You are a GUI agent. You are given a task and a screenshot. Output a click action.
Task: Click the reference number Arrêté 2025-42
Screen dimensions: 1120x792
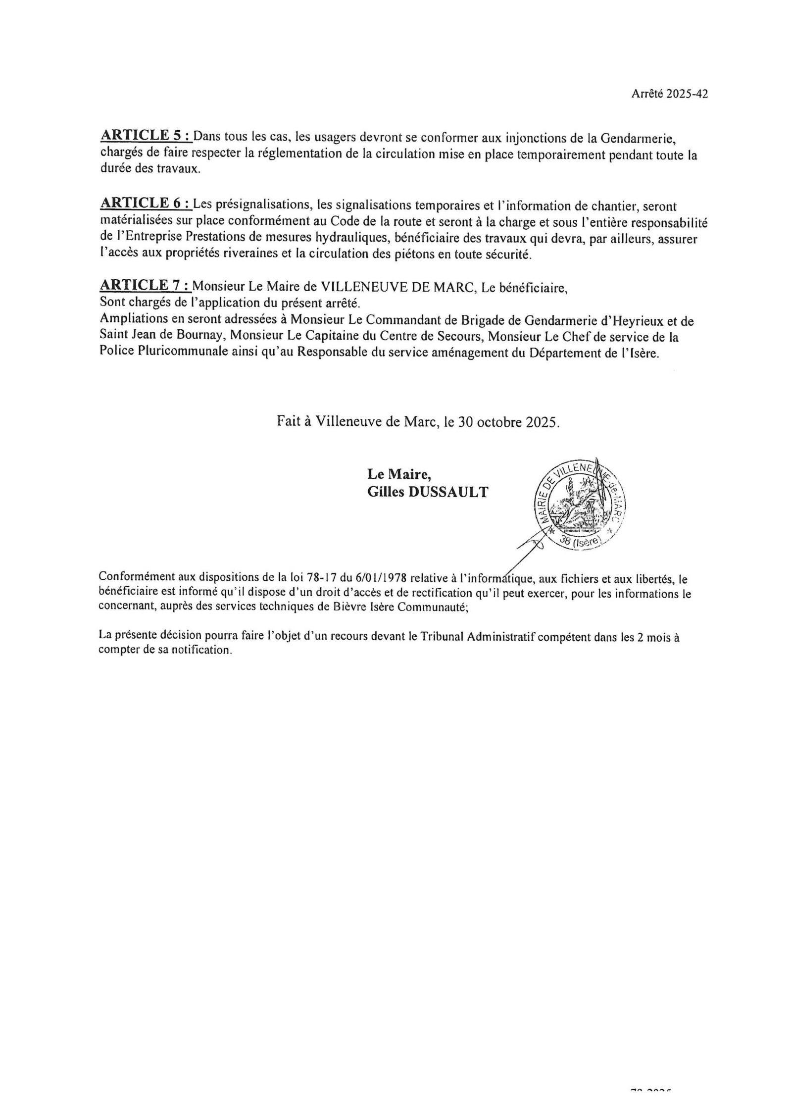click(x=669, y=94)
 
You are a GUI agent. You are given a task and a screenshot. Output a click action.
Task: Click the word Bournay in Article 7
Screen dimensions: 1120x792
click(x=198, y=337)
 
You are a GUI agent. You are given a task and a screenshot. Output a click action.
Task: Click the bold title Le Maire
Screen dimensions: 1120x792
click(x=399, y=474)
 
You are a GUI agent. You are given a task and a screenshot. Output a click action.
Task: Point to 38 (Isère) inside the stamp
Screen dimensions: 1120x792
click(x=579, y=542)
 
